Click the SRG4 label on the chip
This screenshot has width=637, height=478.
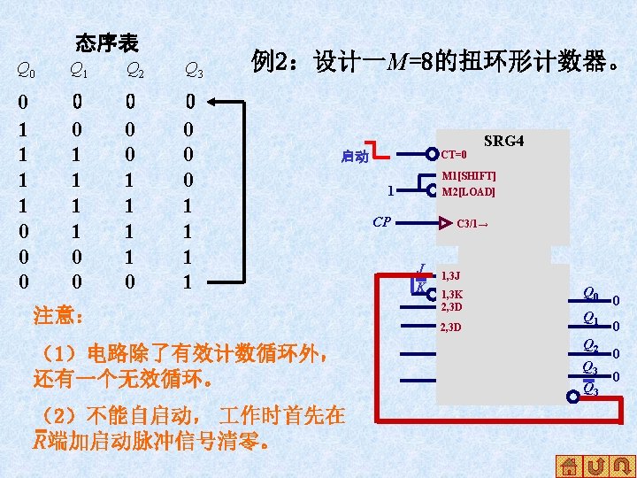503,141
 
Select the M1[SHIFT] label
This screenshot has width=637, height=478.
469,176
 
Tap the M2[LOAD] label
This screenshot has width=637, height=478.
468,191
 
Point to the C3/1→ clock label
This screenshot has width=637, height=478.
472,224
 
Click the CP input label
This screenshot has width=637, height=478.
382,221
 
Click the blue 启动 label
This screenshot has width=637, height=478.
354,158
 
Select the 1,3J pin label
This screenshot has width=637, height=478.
451,276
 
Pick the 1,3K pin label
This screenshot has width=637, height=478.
452,294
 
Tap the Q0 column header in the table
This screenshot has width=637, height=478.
27,69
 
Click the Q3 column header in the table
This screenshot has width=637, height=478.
193,69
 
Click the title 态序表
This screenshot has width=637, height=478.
106,42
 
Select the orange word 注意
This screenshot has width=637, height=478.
58,315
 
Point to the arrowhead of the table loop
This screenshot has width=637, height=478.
218,103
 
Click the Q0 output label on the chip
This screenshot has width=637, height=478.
590,295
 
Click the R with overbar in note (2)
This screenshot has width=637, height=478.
39,441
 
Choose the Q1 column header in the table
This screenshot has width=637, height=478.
79,69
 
